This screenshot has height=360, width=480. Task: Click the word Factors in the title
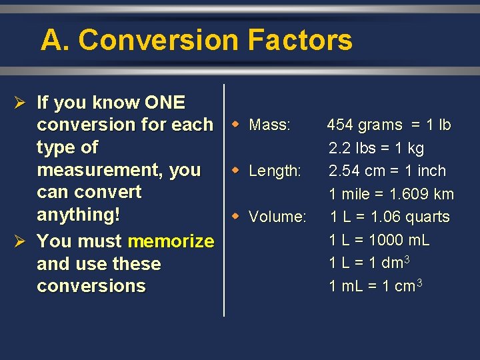tap(299, 41)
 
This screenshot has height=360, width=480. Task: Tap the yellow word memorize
tap(171, 241)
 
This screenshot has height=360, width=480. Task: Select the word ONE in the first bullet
tap(165, 103)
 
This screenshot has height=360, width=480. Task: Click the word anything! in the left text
tap(79, 215)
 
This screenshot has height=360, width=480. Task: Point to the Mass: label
tap(269, 125)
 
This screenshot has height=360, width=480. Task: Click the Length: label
tap(275, 171)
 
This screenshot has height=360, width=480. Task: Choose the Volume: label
tap(277, 217)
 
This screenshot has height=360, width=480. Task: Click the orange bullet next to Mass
tap(235, 125)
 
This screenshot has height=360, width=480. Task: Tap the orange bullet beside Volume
tap(235, 217)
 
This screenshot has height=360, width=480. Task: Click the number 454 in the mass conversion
tap(340, 125)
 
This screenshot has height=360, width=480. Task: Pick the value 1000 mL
tap(398, 240)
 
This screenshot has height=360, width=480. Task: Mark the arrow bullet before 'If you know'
tap(19, 103)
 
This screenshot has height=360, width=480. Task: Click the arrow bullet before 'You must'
tap(19, 241)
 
